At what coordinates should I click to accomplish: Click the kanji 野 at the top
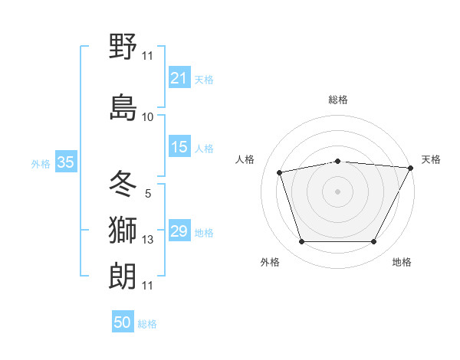coord(123,47)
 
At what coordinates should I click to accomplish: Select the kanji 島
coord(123,107)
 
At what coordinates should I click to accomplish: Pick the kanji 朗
coord(123,274)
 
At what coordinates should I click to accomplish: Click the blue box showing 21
coord(179,78)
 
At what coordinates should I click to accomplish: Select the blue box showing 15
coord(179,147)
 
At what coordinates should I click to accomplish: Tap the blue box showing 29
coord(179,231)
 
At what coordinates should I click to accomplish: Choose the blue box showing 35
coord(65,162)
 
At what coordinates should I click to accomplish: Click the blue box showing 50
coord(123,322)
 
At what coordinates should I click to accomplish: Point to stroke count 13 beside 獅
coord(148,241)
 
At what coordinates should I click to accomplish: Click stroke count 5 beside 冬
coord(148,194)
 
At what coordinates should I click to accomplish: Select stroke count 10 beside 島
coord(148,117)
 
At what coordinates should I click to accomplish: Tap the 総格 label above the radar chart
coord(338,100)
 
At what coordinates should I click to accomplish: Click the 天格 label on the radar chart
coord(431,159)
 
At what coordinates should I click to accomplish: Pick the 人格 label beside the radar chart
coord(245,159)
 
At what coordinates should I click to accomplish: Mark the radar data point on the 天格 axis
coord(411,168)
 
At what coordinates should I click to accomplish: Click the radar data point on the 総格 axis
coord(338,161)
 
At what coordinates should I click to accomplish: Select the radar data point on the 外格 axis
coord(301,242)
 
